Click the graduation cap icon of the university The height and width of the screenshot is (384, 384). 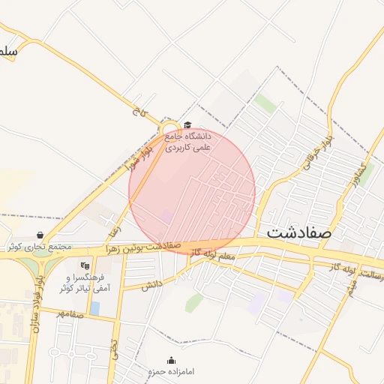(x=187, y=125)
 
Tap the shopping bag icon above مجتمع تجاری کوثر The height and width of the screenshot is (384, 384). (x=39, y=235)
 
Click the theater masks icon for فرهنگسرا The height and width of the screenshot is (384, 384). (x=83, y=265)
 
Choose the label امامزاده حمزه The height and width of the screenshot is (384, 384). (x=171, y=371)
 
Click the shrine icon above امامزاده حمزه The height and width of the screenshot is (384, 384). (x=171, y=360)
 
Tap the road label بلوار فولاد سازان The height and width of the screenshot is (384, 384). (x=35, y=300)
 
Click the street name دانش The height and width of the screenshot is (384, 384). (x=152, y=283)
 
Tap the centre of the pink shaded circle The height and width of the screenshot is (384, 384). (x=192, y=191)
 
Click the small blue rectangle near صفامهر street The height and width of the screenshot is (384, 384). (x=94, y=307)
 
